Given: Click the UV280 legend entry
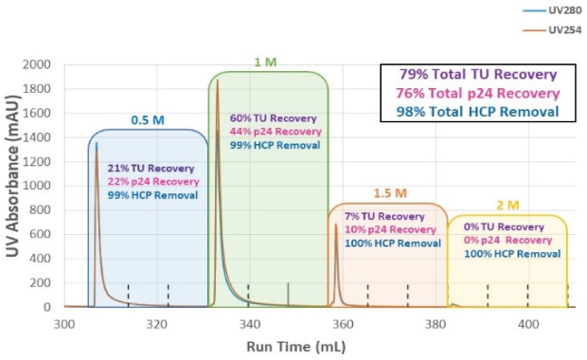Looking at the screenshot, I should click(559, 11).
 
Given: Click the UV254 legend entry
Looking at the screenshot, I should click(559, 30).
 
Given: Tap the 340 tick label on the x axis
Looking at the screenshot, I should click(249, 324).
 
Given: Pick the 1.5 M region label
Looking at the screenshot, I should click(386, 193).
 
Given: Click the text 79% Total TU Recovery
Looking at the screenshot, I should click(478, 75).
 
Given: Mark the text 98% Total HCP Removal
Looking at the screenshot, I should click(478, 112).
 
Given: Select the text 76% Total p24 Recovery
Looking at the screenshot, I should click(478, 93).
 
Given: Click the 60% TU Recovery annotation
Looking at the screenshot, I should click(276, 118).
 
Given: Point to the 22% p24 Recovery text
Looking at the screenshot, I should click(152, 181).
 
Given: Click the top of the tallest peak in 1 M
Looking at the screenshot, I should click(218, 81).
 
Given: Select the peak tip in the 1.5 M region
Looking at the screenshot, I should click(336, 225).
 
